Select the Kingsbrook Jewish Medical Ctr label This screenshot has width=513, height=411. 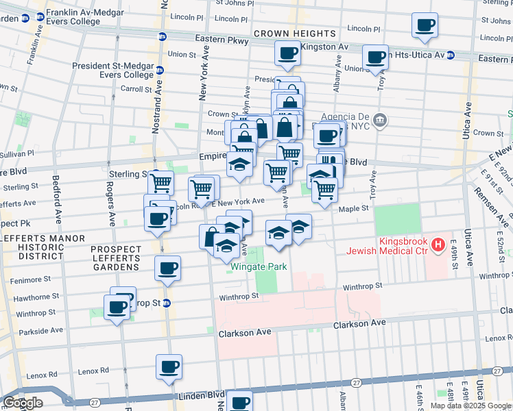click(401, 247)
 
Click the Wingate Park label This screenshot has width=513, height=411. click(258, 266)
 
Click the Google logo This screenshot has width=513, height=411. click(23, 403)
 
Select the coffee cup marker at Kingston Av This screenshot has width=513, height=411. click(287, 53)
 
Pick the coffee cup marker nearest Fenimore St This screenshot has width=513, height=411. click(168, 268)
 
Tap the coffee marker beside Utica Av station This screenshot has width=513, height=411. click(375, 57)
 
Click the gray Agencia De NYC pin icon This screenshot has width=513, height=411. click(382, 121)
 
